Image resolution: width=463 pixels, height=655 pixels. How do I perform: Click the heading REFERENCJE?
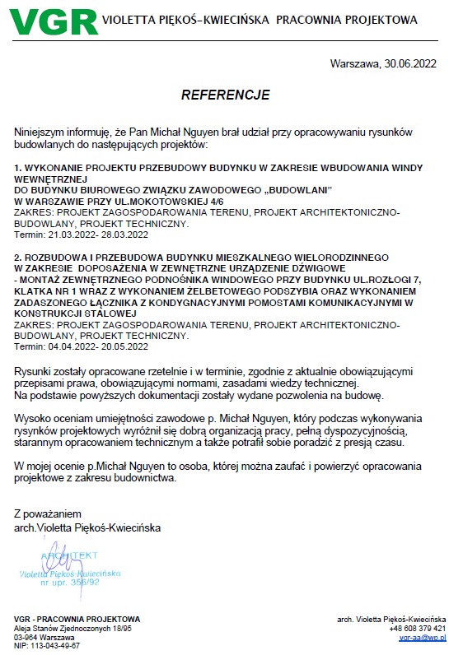tap(225, 95)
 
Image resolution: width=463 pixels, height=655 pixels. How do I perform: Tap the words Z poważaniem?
tap(48, 514)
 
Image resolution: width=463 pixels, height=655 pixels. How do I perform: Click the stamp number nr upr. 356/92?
tap(76, 582)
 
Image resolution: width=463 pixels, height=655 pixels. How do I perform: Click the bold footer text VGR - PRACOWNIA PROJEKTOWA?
tap(77, 619)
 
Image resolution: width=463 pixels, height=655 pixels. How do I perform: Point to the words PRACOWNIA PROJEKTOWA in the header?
tap(348, 20)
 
